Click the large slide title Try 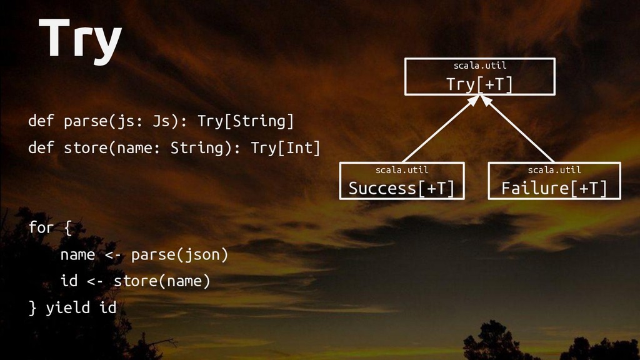coord(79,40)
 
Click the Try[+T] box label coord(479,84)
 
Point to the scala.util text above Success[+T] coord(401,169)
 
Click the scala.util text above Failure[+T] coord(554,169)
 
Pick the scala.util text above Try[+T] coord(479,65)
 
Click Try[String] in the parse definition coord(246,121)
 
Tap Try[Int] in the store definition coord(286,148)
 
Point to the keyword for coord(41,227)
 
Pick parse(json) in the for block coord(180,255)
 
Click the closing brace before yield coord(32,307)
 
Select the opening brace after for coord(67,228)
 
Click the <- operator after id coord(95,281)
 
